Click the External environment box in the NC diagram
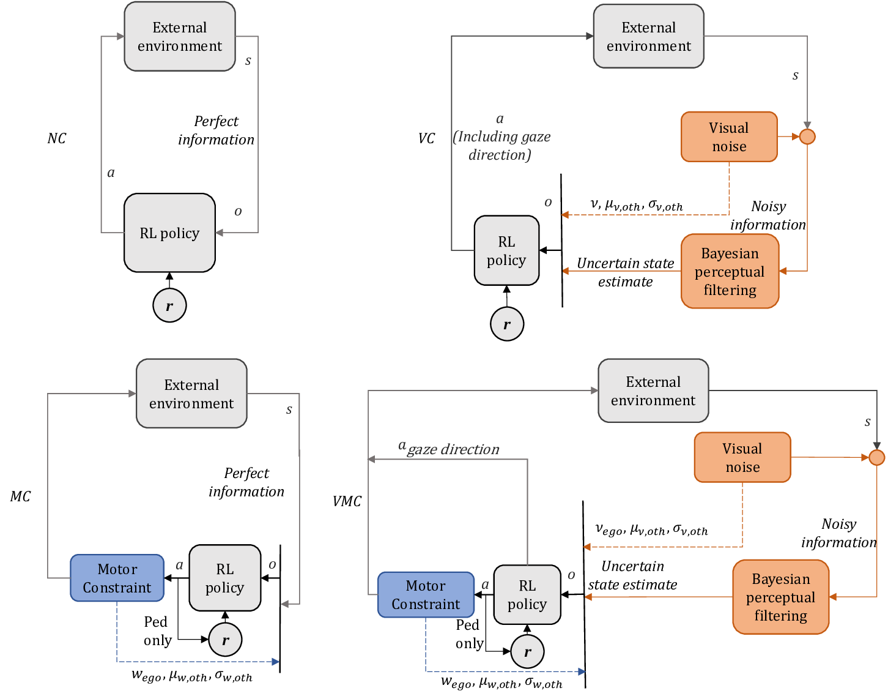tap(180, 37)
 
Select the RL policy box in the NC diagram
tap(169, 233)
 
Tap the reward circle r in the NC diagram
tap(169, 305)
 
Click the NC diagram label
tap(56, 138)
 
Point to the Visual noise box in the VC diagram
tap(729, 137)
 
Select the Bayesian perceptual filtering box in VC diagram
tap(730, 271)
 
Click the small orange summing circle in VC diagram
tap(807, 136)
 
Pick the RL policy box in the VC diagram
tap(506, 250)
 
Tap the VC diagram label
tap(426, 138)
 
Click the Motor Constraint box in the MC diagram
tap(117, 578)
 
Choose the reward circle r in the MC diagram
tap(225, 640)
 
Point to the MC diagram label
tap(20, 496)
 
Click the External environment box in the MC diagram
tap(191, 394)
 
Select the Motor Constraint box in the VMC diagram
tap(426, 594)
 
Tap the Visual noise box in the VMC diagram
tap(742, 458)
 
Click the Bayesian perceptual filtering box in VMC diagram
tap(780, 597)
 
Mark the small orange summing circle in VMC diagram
tap(876, 457)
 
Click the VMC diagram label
tap(347, 501)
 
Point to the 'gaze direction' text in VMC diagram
tap(453, 449)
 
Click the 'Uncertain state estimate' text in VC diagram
tap(625, 272)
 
